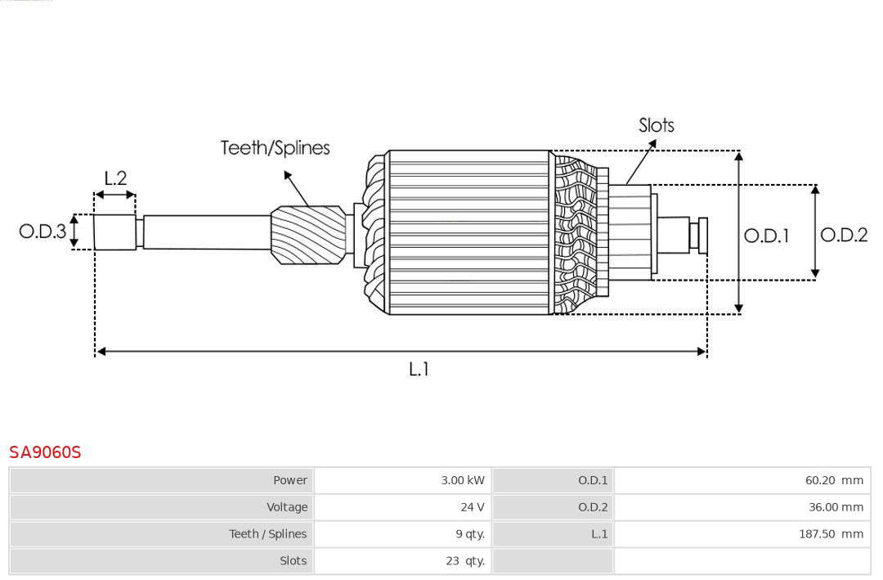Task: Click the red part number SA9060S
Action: pyautogui.click(x=45, y=452)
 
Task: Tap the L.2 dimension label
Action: pyautogui.click(x=115, y=178)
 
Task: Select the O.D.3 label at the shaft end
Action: pyautogui.click(x=43, y=231)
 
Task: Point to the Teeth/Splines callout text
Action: pyautogui.click(x=276, y=148)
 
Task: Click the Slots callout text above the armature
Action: pyautogui.click(x=657, y=125)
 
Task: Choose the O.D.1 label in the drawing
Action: pyautogui.click(x=766, y=236)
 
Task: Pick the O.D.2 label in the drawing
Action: pyautogui.click(x=844, y=235)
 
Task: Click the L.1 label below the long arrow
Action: pyautogui.click(x=419, y=369)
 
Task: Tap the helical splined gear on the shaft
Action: pyautogui.click(x=308, y=235)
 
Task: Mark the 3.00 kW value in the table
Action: pyautogui.click(x=462, y=480)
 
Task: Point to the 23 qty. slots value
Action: pyautogui.click(x=465, y=561)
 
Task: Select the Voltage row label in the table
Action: pyautogui.click(x=287, y=507)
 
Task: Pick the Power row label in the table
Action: pyautogui.click(x=290, y=480)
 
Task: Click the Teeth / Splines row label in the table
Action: pyautogui.click(x=268, y=534)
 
